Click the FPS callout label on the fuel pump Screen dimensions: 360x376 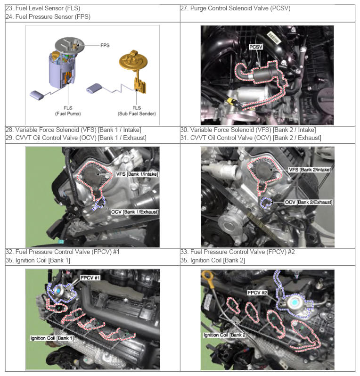(x=105, y=45)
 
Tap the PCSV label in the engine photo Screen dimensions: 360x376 (x=256, y=47)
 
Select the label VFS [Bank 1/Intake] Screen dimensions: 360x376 (x=137, y=174)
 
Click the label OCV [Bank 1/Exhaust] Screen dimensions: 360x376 (x=135, y=212)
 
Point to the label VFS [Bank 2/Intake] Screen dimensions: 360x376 (x=310, y=170)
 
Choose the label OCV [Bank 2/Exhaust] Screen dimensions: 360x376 (x=309, y=202)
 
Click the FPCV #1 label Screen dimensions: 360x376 (x=90, y=278)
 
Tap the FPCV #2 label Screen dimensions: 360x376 (x=257, y=293)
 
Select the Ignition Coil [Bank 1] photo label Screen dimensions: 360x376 (x=52, y=338)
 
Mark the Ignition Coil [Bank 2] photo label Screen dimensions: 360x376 (x=225, y=335)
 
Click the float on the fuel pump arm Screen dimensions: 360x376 (x=37, y=95)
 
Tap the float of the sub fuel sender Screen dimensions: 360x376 (x=94, y=88)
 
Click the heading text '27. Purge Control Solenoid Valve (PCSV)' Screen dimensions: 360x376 (x=235, y=8)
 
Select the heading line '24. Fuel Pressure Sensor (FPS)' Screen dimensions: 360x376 (x=48, y=17)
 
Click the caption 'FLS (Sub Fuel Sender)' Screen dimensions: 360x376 (x=137, y=111)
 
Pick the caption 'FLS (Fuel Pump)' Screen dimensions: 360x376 (x=68, y=111)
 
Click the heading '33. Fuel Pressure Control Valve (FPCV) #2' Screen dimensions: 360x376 (x=237, y=252)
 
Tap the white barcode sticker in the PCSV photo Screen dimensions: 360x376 (x=274, y=37)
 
